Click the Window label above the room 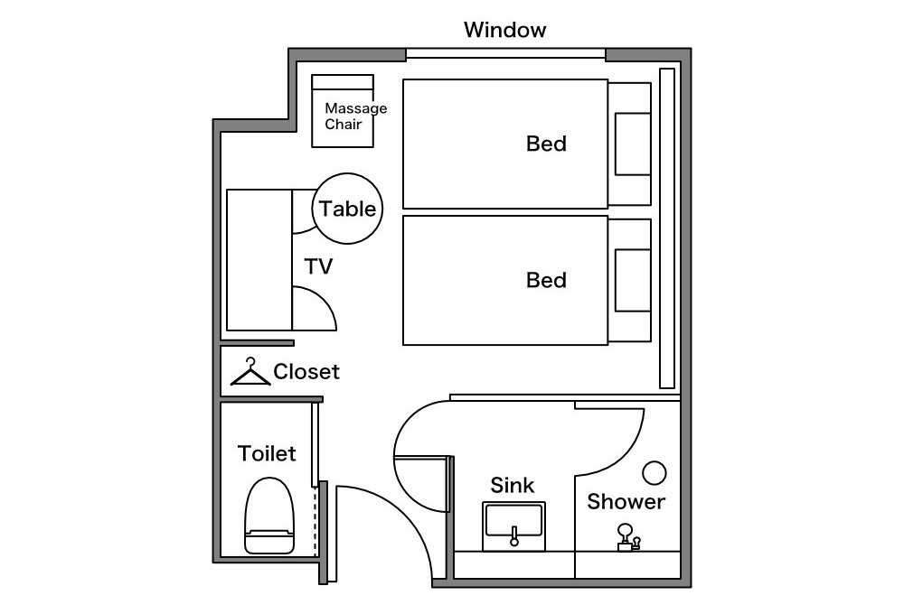click(504, 30)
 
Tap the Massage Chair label click(355, 116)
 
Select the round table click(347, 209)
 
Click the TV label click(318, 266)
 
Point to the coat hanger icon click(250, 371)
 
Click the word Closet click(306, 371)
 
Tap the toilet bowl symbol click(269, 516)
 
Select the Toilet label click(267, 453)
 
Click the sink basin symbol click(513, 526)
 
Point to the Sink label click(512, 485)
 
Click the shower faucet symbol click(628, 537)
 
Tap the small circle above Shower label click(654, 473)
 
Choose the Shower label click(626, 502)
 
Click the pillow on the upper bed click(633, 144)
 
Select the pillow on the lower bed click(633, 281)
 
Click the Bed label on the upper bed click(546, 144)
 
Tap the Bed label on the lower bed click(546, 280)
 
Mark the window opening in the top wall click(505, 54)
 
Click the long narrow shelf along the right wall click(667, 228)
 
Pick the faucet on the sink click(514, 536)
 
